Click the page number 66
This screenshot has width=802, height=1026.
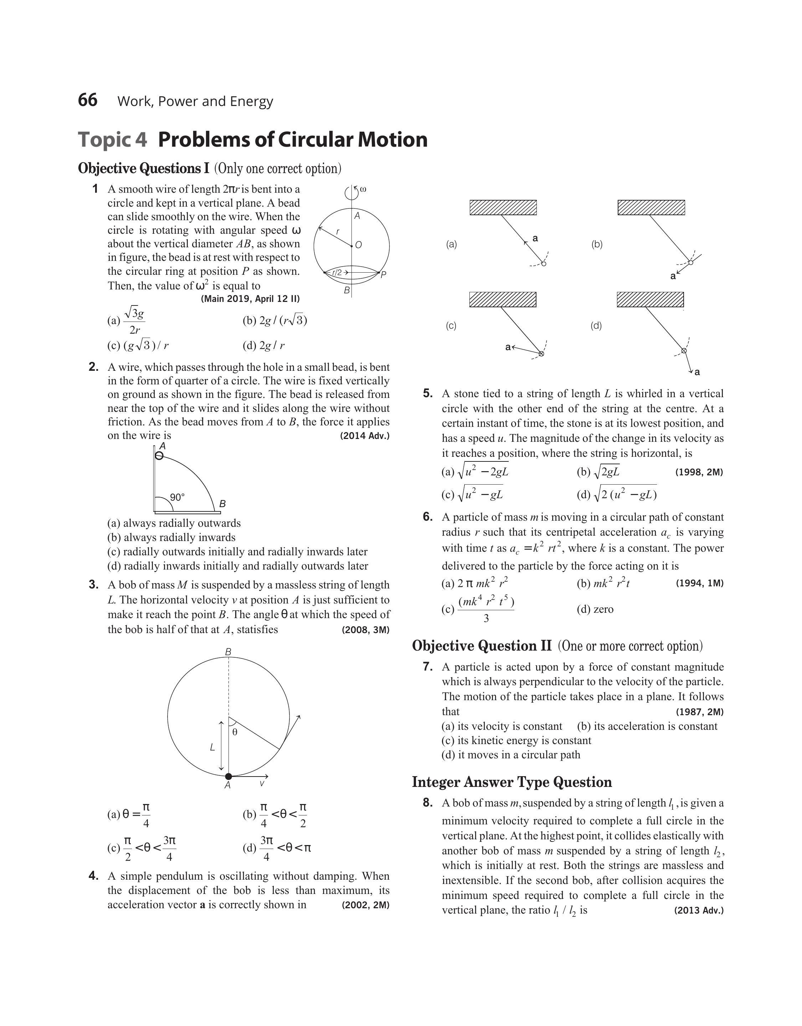[88, 100]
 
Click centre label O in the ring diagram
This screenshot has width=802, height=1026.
[359, 245]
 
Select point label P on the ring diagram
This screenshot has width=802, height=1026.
[383, 275]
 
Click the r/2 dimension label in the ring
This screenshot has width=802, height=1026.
[338, 273]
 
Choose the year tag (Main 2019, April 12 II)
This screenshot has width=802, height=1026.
[250, 298]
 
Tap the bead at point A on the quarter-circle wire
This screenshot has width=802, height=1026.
[160, 455]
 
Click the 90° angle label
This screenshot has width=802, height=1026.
[177, 497]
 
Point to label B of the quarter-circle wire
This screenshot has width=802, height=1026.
[222, 504]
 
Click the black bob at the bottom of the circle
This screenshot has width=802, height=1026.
[229, 777]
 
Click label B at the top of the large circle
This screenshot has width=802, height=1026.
[228, 652]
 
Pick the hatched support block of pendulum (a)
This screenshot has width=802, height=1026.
[503, 207]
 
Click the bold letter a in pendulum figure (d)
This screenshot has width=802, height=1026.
[697, 372]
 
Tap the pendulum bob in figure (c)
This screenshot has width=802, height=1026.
[541, 353]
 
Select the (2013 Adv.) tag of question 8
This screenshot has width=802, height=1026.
[699, 910]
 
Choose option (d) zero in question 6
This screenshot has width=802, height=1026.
[595, 609]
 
